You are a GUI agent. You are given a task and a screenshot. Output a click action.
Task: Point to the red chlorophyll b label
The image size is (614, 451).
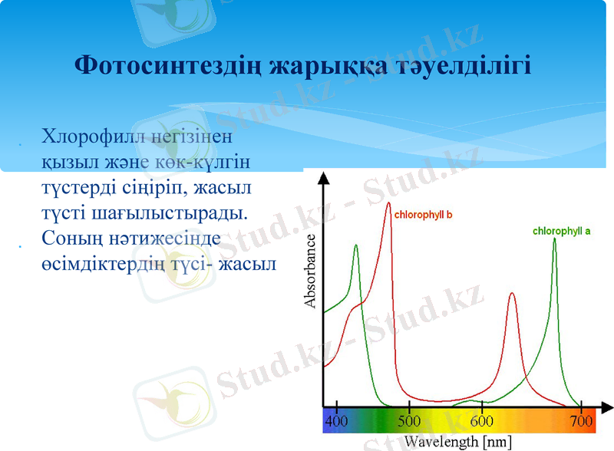point(422,216)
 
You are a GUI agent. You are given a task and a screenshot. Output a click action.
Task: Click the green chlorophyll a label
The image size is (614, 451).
point(561,231)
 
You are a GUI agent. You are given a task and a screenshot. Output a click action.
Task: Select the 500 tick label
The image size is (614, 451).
point(409,421)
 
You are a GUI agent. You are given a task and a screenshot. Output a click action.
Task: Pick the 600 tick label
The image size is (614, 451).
point(481,421)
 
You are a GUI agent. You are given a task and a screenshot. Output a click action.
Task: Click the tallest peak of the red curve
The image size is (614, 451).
point(388,203)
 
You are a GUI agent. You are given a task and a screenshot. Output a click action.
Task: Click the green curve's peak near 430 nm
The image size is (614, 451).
point(355,245)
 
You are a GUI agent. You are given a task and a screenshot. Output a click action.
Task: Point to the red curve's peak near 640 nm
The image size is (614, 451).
point(512,293)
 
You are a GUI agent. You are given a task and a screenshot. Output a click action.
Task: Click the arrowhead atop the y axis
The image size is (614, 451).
point(323,177)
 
